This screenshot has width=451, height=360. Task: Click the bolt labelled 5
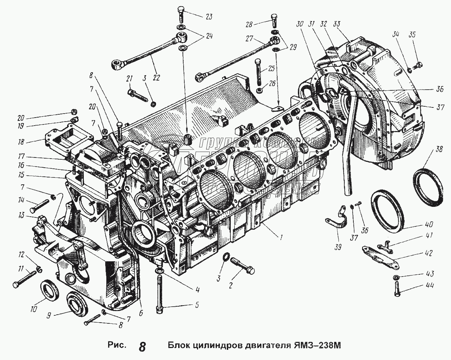click(159, 290)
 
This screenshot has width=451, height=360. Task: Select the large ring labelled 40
click(388, 210)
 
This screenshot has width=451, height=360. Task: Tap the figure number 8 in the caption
click(142, 347)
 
